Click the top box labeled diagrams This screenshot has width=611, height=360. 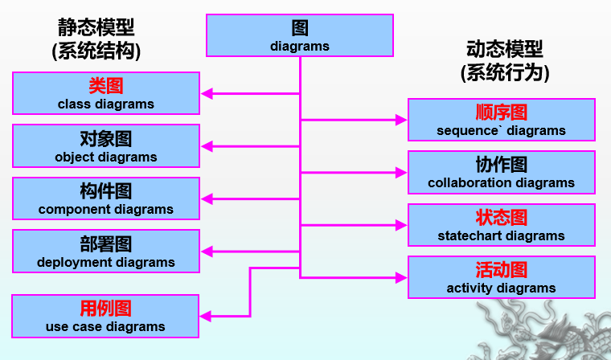pos(300,35)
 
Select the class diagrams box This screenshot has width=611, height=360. pos(106,93)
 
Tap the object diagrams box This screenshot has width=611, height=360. pos(106,146)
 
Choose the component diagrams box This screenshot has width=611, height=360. pos(106,198)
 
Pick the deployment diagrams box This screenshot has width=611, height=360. pos(106,252)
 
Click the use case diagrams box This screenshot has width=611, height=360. pos(106,316)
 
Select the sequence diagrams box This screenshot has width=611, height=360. pos(501,120)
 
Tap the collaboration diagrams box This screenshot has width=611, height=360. pos(501,172)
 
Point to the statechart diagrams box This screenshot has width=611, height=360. pos(501,225)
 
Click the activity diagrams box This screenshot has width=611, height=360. pos(501,277)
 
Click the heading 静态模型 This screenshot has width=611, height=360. pos(96,27)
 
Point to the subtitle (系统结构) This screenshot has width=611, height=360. pos(96,51)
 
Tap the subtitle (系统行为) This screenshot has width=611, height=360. pos(504,73)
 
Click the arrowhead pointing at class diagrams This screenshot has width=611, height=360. pos(207,93)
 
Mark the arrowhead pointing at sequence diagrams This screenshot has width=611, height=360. pos(402,120)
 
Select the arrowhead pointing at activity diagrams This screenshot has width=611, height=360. pos(402,277)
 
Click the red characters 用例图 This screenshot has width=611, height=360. pos(105,309)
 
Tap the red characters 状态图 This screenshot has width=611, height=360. pos(501,218)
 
